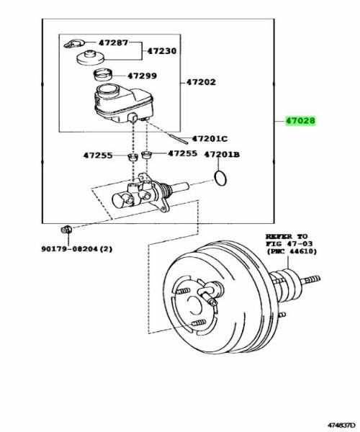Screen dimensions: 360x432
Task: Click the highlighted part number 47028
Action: click(300, 121)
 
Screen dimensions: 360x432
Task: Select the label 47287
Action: click(114, 42)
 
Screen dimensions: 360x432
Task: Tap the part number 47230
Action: click(162, 51)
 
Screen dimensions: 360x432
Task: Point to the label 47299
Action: click(142, 76)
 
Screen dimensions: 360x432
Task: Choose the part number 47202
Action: click(201, 82)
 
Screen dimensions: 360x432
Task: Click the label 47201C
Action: click(210, 138)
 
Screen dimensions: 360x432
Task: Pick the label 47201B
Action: click(222, 155)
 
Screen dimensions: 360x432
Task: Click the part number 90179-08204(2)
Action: click(77, 249)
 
